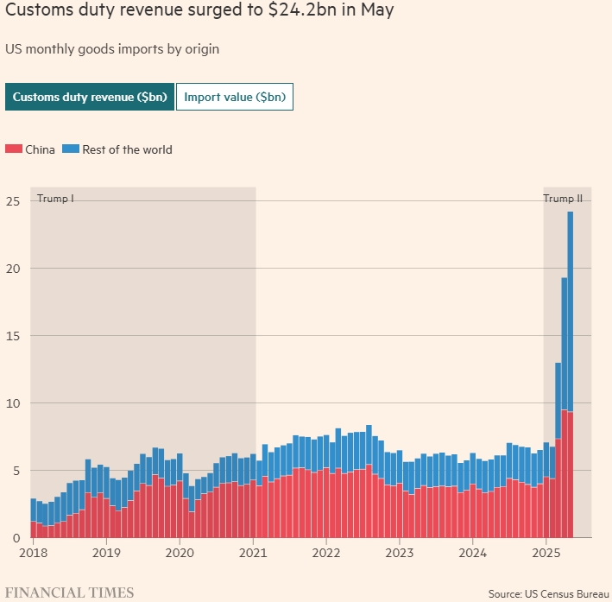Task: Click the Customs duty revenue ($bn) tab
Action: pos(89,98)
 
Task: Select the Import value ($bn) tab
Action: pos(235,98)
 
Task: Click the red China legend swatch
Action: pos(14,149)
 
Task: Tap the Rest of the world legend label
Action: pos(127,149)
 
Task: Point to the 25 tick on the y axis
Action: pos(12,201)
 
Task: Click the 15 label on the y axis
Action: pos(12,336)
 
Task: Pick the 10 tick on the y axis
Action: pos(12,403)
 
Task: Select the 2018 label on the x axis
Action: pos(33,553)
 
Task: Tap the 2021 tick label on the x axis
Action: pos(253,553)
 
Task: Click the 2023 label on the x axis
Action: pos(400,553)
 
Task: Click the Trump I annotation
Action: pos(55,199)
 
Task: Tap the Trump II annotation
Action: pos(563,199)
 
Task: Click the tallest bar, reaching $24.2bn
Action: pos(571,371)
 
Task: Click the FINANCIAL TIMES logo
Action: pos(69,592)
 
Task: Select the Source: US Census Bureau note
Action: pos(548,594)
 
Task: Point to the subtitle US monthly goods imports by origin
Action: pos(112,48)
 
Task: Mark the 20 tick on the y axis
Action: pos(12,269)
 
